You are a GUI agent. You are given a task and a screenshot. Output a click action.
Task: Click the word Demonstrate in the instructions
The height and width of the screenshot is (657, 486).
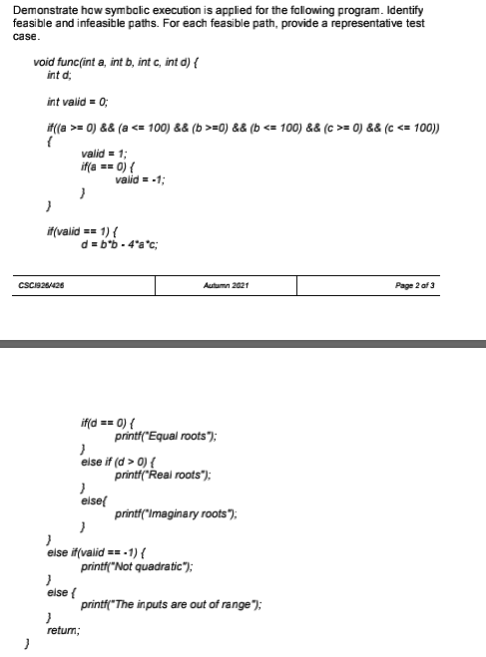click(x=37, y=10)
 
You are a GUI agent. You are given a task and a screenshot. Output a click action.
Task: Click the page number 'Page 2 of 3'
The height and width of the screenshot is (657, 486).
click(x=426, y=286)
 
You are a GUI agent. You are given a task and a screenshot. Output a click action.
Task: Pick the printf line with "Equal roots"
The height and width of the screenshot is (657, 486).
click(x=166, y=438)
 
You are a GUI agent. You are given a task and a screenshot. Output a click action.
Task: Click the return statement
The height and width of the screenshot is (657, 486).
click(x=63, y=630)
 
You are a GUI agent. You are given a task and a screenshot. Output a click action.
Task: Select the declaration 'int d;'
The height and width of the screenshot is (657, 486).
click(x=60, y=75)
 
